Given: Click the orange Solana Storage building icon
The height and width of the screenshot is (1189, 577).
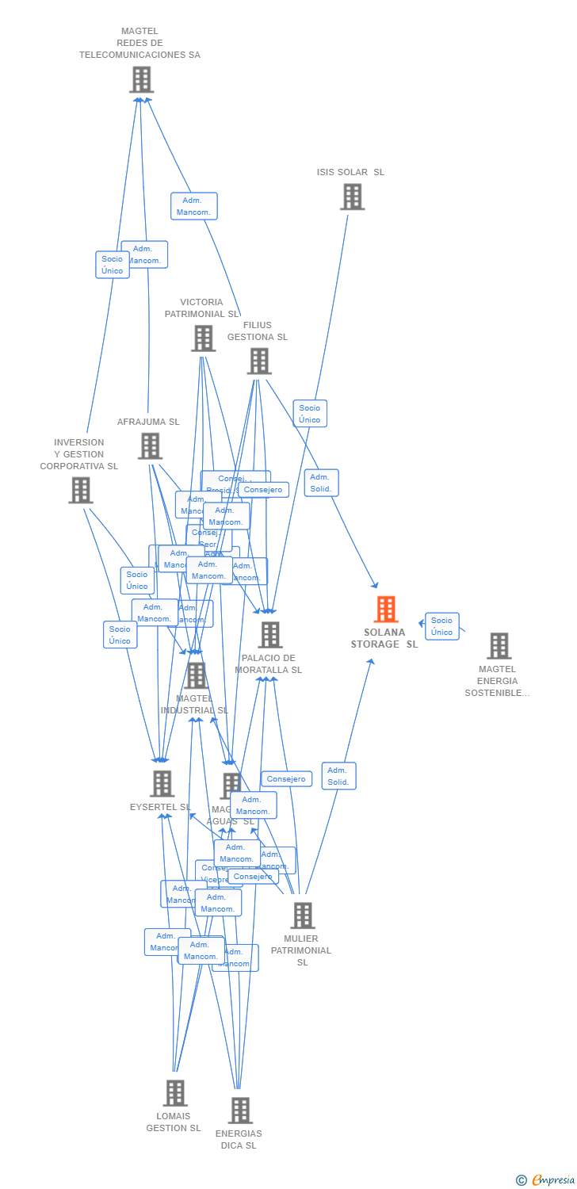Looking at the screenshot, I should pyautogui.click(x=386, y=610).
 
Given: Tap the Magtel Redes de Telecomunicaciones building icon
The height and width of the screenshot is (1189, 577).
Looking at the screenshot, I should pyautogui.click(x=141, y=79).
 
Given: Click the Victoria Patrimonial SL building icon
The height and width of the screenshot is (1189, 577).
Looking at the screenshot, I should pyautogui.click(x=204, y=338).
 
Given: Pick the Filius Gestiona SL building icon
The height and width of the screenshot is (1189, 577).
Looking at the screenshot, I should pyautogui.click(x=259, y=361).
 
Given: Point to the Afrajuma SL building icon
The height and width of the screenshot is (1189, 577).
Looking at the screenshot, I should pyautogui.click(x=150, y=446).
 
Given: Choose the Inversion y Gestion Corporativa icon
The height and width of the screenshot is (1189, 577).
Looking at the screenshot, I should pyautogui.click(x=80, y=490).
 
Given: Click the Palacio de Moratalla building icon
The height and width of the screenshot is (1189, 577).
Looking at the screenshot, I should pyautogui.click(x=270, y=634).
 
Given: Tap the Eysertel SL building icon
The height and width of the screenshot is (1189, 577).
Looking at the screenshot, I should pyautogui.click(x=162, y=784).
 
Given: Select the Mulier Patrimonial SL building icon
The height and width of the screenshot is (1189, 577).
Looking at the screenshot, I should pyautogui.click(x=302, y=916).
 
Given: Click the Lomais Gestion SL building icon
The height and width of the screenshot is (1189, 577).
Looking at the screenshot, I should pyautogui.click(x=175, y=1093).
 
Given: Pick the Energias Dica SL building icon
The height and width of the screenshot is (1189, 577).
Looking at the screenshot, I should pyautogui.click(x=240, y=1111).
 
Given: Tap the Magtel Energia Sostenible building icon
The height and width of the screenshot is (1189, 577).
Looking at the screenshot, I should pyautogui.click(x=499, y=646).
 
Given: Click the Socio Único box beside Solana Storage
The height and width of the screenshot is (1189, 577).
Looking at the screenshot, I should pyautogui.click(x=442, y=626).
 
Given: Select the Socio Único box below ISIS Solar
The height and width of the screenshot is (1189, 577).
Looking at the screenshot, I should pyautogui.click(x=310, y=414).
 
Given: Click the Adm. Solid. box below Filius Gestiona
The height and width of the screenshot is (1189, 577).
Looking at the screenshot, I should pyautogui.click(x=321, y=483).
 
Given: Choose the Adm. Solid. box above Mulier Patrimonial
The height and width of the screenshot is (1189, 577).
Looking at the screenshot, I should pyautogui.click(x=338, y=776).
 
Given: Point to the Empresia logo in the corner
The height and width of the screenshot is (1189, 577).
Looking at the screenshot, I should pyautogui.click(x=547, y=1180).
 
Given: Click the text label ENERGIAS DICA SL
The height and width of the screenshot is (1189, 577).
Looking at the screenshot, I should pyautogui.click(x=239, y=1139).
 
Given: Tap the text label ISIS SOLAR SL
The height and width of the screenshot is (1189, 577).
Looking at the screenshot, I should pyautogui.click(x=350, y=172).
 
